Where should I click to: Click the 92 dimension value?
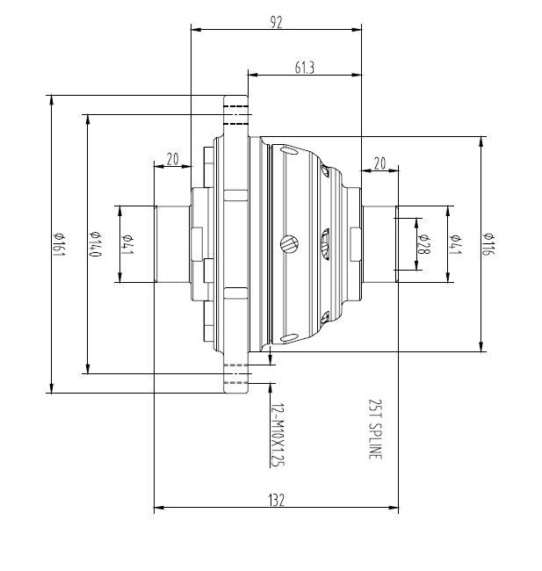[x=276, y=24]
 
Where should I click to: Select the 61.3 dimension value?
[x=305, y=67]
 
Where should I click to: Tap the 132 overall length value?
[x=276, y=499]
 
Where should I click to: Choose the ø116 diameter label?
[x=488, y=244]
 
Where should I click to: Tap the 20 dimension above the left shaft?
[x=172, y=159]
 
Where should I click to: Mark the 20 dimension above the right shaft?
[x=379, y=163]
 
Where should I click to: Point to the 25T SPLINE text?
[x=376, y=430]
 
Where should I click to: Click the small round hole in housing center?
[x=287, y=243]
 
